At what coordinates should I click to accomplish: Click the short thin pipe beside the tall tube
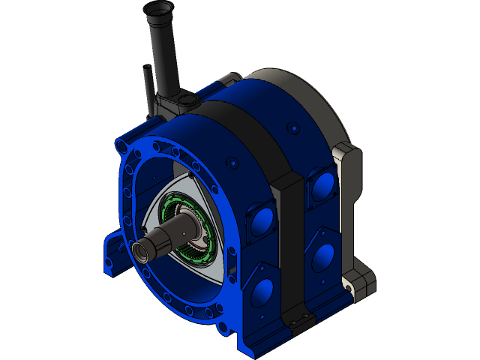pyautogui.click(x=148, y=86)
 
